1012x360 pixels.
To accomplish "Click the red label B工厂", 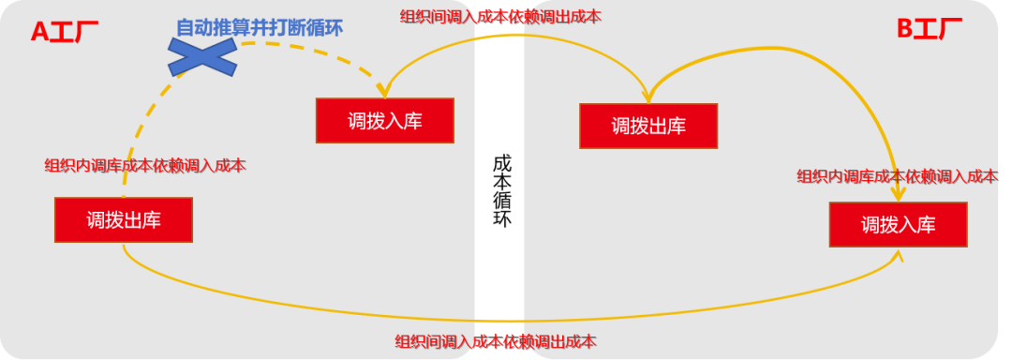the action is pyautogui.click(x=930, y=29).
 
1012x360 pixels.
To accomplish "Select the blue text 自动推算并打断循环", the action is pyautogui.click(x=260, y=27).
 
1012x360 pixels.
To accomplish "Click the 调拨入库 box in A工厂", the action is pyautogui.click(x=385, y=121).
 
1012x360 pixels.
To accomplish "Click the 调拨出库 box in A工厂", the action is pyautogui.click(x=124, y=220).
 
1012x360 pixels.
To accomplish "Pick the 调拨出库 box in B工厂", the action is pyautogui.click(x=648, y=126).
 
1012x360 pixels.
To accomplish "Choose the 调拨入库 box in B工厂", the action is pyautogui.click(x=898, y=225).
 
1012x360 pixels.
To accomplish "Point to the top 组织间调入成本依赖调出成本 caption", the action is pyautogui.click(x=500, y=16).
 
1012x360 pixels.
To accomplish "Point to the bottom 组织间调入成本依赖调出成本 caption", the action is pyautogui.click(x=495, y=341).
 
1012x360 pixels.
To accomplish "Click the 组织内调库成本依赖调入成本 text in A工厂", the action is pyautogui.click(x=145, y=166).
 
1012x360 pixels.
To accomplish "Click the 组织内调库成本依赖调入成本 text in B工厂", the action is pyautogui.click(x=897, y=175).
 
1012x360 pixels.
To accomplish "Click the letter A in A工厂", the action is pyautogui.click(x=39, y=31).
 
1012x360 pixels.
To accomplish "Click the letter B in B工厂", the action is pyautogui.click(x=905, y=29).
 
